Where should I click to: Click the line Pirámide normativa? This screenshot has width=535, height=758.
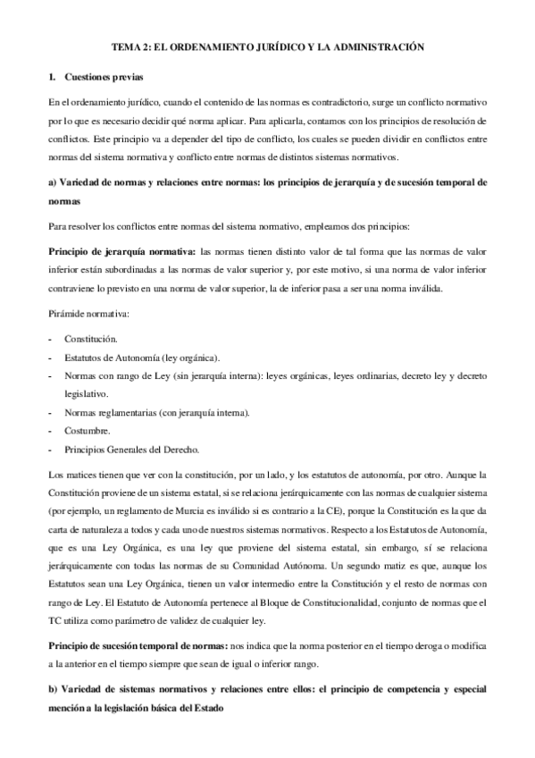(89, 316)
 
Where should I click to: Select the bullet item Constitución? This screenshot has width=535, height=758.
(90, 341)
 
